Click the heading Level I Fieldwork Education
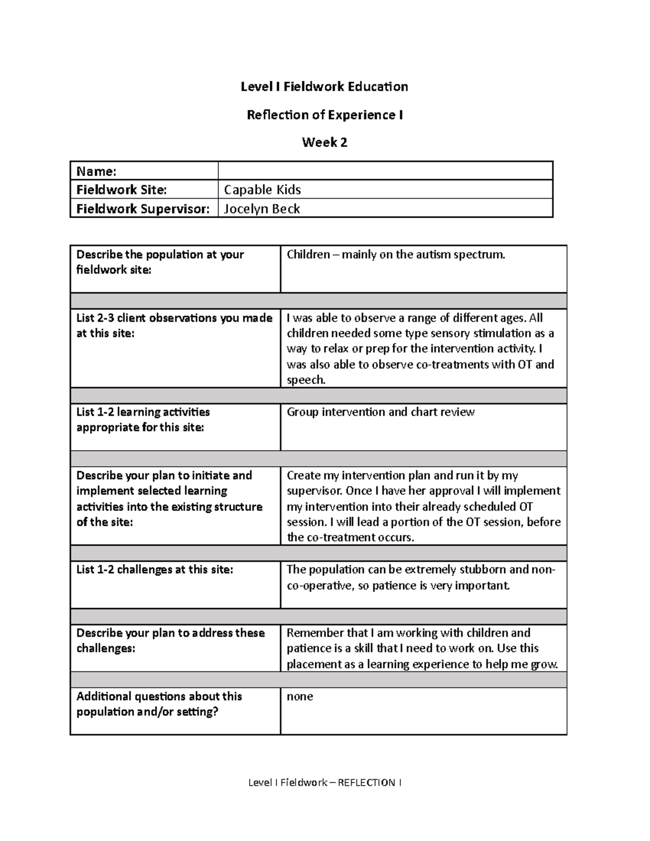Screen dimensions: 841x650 (324, 87)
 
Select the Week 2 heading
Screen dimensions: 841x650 (324, 142)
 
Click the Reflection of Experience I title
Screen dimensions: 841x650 (324, 115)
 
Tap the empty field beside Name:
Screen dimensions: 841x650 (385, 171)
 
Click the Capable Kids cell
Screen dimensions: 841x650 (262, 190)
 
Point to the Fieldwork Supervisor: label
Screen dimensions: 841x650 (142, 208)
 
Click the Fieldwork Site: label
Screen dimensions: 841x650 (121, 190)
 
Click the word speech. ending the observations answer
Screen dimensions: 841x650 (306, 380)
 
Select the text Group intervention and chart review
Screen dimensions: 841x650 (380, 412)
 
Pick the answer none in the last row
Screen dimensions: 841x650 (300, 696)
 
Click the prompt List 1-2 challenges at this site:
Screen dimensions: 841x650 (154, 570)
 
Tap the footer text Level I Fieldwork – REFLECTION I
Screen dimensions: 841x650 (324, 783)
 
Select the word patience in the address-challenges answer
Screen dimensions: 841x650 (308, 648)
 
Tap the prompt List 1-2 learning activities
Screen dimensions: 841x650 (143, 412)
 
